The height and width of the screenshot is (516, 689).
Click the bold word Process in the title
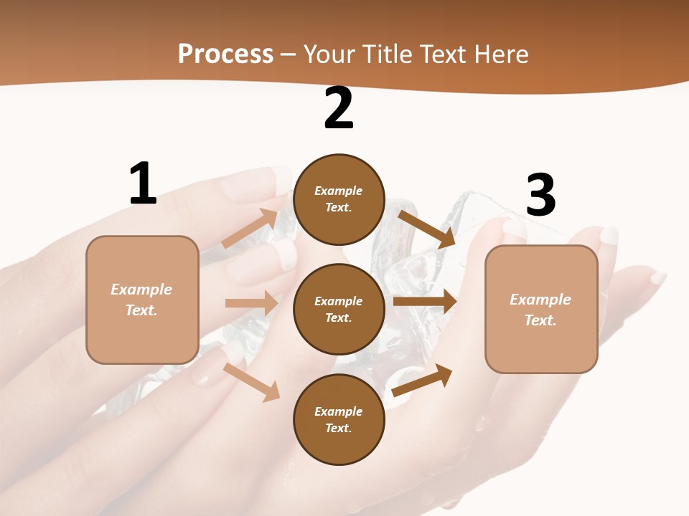point(225,54)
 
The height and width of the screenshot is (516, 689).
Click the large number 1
point(143,184)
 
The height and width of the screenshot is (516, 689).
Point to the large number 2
point(339,109)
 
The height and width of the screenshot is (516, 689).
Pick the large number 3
point(541,195)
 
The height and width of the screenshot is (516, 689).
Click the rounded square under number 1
point(142,300)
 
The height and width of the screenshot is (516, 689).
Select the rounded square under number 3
point(541,310)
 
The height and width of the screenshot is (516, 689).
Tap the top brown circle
point(339,199)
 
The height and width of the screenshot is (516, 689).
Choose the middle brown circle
point(339,309)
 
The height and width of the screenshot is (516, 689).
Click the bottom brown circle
point(339,419)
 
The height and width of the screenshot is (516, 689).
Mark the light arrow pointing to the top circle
point(250,229)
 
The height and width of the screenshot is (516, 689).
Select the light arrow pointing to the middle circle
point(252,303)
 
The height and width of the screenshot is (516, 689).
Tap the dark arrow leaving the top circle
point(427,229)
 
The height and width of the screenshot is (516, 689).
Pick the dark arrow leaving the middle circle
point(425,302)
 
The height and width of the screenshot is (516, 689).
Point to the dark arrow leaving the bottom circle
point(423,380)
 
